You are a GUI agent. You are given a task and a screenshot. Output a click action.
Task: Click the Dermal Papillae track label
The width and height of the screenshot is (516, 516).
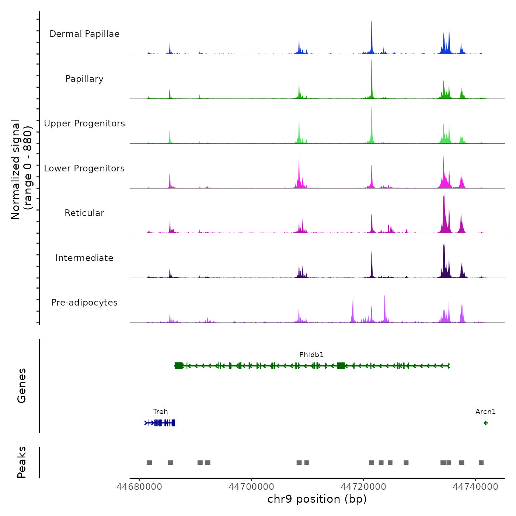tap(84, 34)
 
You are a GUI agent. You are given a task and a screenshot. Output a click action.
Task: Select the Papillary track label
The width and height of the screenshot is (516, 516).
tap(84, 79)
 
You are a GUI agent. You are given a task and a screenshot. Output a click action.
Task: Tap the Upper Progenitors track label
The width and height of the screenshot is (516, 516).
tap(84, 123)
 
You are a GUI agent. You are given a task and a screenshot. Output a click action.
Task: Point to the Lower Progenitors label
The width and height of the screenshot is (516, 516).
tap(84, 168)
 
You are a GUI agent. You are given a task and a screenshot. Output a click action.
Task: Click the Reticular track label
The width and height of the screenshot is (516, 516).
tap(84, 213)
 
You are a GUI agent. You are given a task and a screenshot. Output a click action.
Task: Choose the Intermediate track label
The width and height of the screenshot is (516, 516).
tap(84, 258)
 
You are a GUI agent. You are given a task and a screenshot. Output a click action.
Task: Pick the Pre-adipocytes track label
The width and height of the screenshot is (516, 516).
tap(84, 303)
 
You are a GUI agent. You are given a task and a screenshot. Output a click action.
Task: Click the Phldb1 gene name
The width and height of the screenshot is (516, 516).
tap(311, 355)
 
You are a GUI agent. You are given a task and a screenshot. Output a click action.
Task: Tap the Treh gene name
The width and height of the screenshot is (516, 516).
tap(160, 411)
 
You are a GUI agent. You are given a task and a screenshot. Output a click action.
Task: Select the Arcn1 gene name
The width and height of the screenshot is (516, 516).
tap(485, 411)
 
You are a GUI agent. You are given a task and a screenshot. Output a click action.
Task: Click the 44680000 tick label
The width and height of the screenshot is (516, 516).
tap(139, 487)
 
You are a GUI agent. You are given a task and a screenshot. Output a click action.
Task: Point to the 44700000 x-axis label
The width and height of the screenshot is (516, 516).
tap(251, 487)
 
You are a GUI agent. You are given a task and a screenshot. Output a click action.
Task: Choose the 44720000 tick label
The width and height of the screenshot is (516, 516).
tap(363, 487)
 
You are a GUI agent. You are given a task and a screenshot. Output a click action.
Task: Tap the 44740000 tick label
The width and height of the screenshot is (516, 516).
tap(475, 487)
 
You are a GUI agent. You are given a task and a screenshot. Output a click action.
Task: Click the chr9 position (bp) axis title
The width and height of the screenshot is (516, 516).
tap(317, 499)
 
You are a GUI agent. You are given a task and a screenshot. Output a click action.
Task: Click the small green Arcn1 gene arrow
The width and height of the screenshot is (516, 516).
tap(486, 423)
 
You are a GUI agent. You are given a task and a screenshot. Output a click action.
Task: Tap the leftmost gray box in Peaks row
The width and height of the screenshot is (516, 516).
tap(149, 463)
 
